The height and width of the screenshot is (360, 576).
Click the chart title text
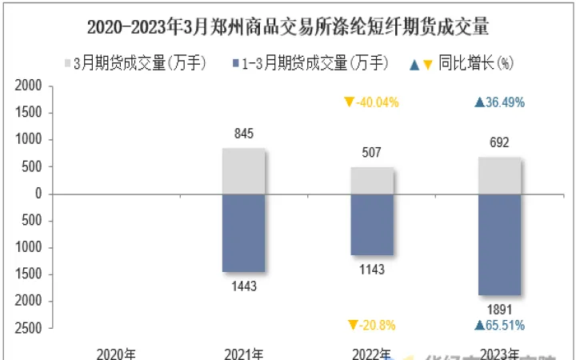click(287, 27)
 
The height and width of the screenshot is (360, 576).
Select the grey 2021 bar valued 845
click(243, 170)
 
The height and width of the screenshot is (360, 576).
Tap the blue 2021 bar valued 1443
click(243, 233)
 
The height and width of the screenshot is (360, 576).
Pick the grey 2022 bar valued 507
click(372, 180)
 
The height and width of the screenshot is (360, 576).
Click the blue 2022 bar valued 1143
click(372, 225)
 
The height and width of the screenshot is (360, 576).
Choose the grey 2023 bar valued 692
click(500, 175)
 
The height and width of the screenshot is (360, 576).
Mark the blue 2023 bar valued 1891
click(500, 245)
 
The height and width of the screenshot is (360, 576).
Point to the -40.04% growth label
click(371, 102)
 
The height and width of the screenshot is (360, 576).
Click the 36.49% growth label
click(499, 102)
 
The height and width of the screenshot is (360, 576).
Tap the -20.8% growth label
click(371, 325)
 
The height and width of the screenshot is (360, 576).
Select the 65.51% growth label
click(499, 325)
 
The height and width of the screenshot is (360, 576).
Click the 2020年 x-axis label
click(116, 353)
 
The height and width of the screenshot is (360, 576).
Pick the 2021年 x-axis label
click(243, 353)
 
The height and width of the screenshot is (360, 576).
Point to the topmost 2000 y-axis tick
click(29, 86)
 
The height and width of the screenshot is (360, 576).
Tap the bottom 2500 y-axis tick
click(29, 328)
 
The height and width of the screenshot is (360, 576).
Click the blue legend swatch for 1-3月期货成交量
click(233, 62)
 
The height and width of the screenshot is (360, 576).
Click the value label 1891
click(499, 309)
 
